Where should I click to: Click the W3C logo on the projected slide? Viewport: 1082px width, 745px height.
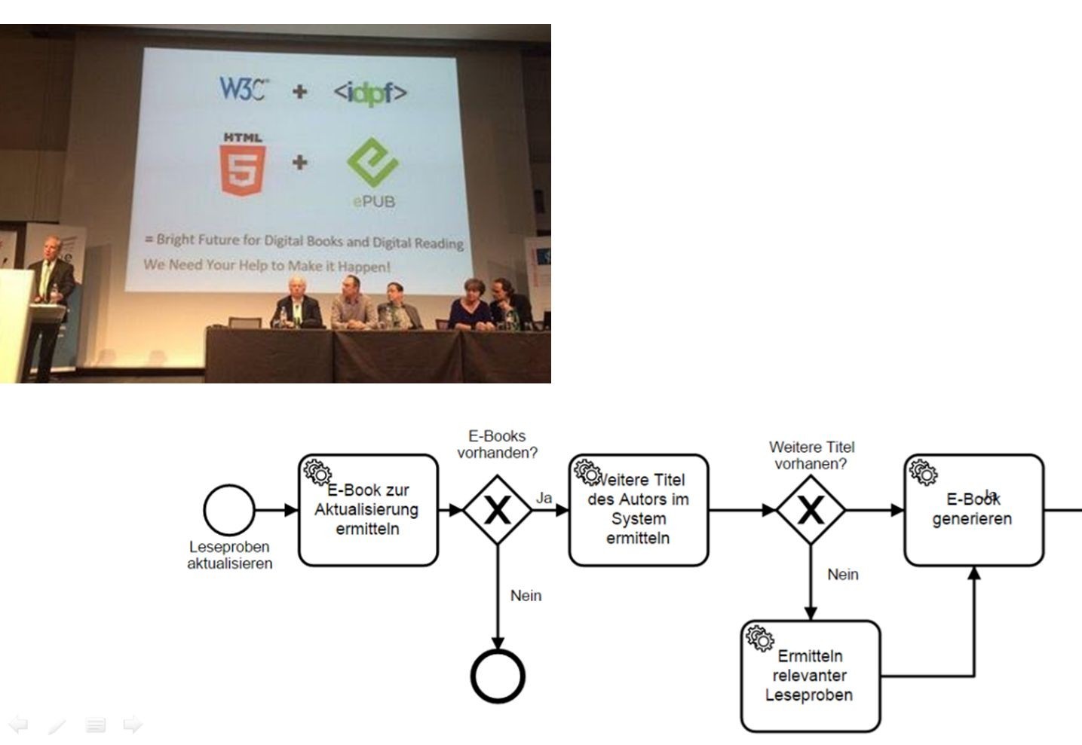(x=244, y=89)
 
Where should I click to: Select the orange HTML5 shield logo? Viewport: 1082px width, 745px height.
(x=243, y=166)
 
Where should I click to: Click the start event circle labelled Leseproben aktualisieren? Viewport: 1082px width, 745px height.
(x=228, y=510)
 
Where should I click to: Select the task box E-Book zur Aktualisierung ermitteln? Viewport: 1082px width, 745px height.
(x=368, y=510)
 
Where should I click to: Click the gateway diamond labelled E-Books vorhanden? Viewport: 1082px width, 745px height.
(x=497, y=510)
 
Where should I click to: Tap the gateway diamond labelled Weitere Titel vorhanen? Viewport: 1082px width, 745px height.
(x=811, y=510)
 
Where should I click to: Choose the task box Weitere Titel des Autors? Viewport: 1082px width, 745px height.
(x=639, y=510)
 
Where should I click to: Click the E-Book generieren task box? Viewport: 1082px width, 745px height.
(x=973, y=510)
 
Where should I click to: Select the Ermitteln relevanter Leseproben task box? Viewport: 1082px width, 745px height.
(x=811, y=676)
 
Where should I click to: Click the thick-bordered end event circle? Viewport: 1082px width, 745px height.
(x=498, y=676)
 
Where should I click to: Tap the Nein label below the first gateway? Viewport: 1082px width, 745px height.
(x=526, y=596)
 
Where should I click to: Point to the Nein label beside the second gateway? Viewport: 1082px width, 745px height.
(x=843, y=575)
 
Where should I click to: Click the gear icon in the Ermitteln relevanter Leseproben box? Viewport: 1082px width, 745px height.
(x=759, y=639)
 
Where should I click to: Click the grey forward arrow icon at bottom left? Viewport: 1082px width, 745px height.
(x=133, y=725)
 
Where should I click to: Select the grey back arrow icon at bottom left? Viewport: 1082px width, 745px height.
(x=18, y=725)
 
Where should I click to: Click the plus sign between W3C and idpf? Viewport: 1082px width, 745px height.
(x=300, y=91)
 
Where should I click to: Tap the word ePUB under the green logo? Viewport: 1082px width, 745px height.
(x=373, y=202)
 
